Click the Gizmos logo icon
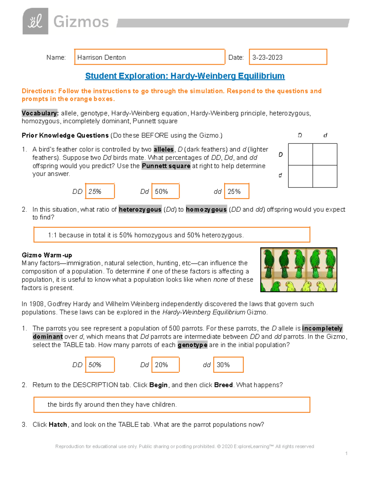point(35,21)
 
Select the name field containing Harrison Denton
point(150,57)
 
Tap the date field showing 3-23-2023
point(288,57)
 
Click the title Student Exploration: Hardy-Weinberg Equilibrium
point(185,76)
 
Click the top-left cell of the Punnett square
point(300,155)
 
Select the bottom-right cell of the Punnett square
point(325,176)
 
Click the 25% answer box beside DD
point(100,191)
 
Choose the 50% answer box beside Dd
point(165,191)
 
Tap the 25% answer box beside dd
point(236,191)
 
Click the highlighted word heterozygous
point(140,209)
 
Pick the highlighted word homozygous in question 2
point(206,209)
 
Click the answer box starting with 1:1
point(171,235)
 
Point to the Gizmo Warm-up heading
point(47,255)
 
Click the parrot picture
point(298,270)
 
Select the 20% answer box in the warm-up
point(165,365)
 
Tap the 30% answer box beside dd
point(229,365)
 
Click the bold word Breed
point(223,385)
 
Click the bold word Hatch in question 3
point(58,425)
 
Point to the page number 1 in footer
point(346,453)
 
